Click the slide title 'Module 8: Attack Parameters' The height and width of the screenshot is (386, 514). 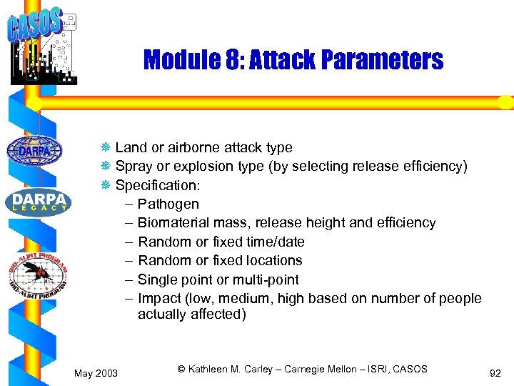[293, 60]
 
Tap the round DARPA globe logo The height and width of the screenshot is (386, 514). [34, 151]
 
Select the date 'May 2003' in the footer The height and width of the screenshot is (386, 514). [96, 372]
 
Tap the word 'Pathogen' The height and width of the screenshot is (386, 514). [168, 204]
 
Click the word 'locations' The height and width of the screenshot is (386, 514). [273, 260]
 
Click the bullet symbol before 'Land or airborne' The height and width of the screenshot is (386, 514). [105, 148]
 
